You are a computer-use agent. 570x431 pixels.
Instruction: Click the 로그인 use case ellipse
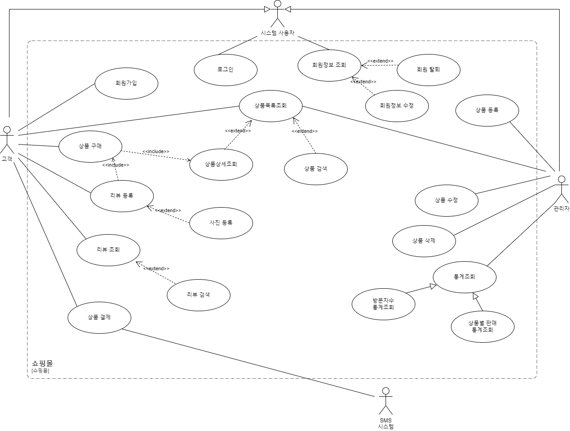tap(225, 70)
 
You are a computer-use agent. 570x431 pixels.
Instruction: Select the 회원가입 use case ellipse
tap(126, 83)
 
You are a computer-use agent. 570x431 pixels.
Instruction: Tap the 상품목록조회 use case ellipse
tap(271, 106)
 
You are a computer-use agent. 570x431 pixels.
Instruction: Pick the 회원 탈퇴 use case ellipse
tap(428, 70)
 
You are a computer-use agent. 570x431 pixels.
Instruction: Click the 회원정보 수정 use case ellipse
tap(397, 106)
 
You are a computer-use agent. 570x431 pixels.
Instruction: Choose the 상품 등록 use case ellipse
tap(487, 110)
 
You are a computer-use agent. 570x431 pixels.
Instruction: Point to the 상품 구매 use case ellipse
tap(90, 146)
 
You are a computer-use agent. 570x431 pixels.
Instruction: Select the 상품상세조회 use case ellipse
tap(221, 164)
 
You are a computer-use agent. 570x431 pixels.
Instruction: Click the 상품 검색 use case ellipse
tap(316, 169)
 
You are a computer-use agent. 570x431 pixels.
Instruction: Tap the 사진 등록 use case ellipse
tap(221, 223)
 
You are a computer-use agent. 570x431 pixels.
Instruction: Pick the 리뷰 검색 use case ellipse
tap(198, 295)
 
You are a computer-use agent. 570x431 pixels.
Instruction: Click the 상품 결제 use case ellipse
tap(99, 318)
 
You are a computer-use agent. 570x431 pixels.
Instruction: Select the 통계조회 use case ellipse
tap(464, 277)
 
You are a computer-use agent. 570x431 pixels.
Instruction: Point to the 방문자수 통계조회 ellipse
tap(383, 304)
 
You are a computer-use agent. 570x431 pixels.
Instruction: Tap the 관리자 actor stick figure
tap(561, 189)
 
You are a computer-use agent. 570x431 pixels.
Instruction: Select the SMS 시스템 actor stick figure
tap(386, 401)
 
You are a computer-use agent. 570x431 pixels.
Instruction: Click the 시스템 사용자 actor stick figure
tap(277, 14)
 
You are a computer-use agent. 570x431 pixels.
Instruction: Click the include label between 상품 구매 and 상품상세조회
tap(156, 152)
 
